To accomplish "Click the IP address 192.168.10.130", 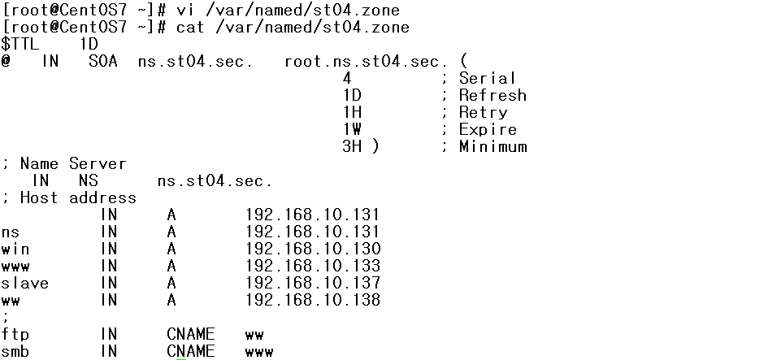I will point(313,249).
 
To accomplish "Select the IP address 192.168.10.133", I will point(313,266).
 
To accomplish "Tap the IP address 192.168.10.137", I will point(313,283).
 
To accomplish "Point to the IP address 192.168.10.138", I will point(313,300).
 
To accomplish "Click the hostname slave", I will point(24,283).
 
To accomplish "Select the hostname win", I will point(15,249).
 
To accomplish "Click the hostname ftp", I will point(15,334).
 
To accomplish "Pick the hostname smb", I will point(15,351).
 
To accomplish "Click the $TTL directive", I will point(20,44).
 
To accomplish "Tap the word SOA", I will point(105,61).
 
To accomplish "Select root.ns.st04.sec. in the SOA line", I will point(367,61).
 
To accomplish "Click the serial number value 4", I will point(347,78).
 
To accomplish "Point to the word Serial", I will point(488,78).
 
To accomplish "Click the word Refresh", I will point(492,95).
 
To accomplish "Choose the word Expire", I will point(488,129).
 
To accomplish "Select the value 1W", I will point(352,129).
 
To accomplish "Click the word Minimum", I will point(492,146).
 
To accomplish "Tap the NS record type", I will point(88,180).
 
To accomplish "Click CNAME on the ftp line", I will point(191,334).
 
